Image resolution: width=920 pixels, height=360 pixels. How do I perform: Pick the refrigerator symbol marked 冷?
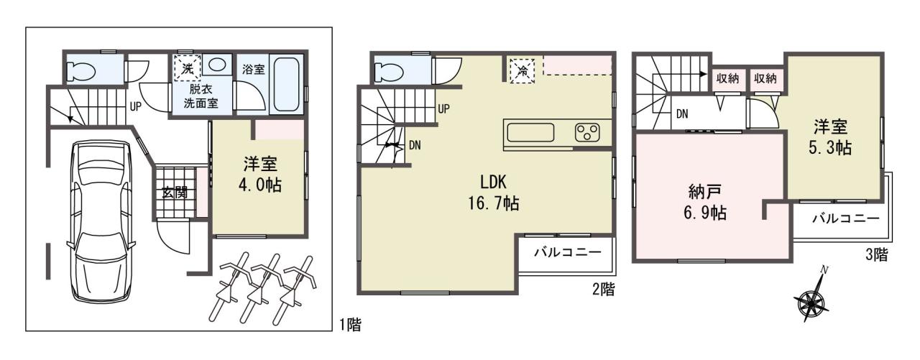point(523,71)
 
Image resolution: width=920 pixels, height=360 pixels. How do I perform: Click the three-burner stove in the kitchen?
point(588,133)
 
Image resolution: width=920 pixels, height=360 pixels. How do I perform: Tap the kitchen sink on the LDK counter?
point(530,133)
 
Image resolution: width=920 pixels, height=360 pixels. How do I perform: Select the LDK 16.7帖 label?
point(493,192)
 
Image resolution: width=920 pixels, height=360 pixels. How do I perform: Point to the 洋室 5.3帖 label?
point(830,137)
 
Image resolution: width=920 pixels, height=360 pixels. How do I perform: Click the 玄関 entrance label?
point(175,193)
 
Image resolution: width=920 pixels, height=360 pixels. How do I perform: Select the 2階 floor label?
point(604,290)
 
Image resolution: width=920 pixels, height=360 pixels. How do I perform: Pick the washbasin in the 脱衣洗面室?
point(216,65)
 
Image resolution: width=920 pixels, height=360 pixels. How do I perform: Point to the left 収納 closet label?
point(728,78)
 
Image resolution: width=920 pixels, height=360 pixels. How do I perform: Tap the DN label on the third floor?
point(682,114)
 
